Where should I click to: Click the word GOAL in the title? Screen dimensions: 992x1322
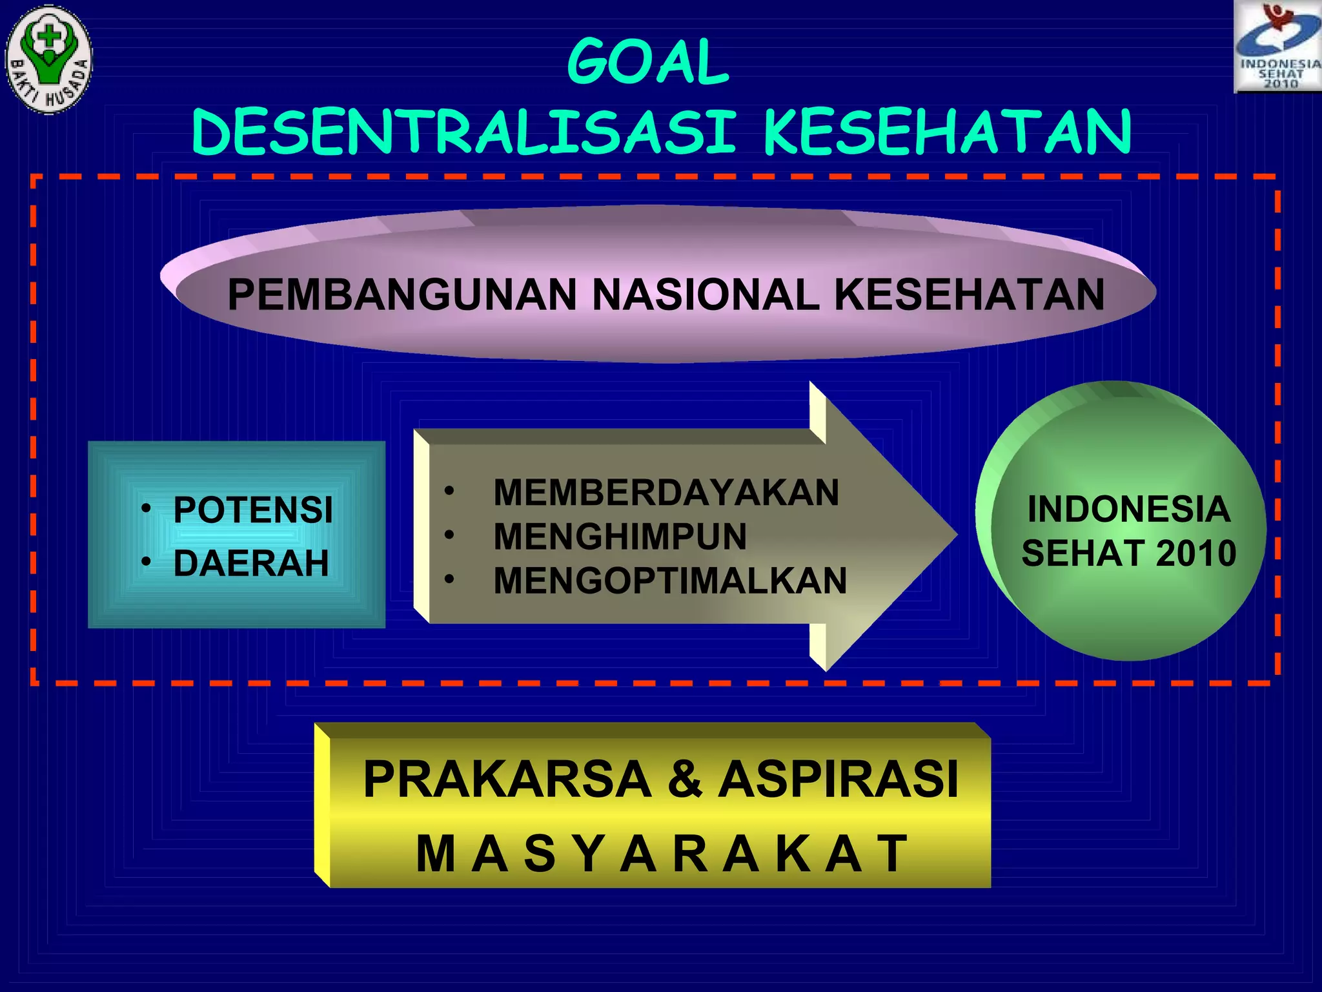point(648,62)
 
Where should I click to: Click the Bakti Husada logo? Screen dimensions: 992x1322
point(49,59)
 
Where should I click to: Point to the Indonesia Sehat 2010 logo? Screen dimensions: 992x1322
point(1277,46)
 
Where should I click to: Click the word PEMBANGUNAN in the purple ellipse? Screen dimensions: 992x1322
point(402,294)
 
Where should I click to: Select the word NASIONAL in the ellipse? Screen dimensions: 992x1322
point(705,294)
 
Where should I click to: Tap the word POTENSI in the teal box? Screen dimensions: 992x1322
point(253,510)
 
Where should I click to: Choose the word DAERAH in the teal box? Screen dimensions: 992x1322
point(251,563)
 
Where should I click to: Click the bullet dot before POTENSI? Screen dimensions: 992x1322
point(147,509)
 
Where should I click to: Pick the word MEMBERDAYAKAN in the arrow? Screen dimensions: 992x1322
point(666,492)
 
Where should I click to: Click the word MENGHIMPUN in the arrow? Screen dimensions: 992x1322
point(620,536)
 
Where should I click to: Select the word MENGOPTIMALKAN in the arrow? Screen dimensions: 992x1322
point(670,580)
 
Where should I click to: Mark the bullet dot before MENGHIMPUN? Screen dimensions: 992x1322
point(449,535)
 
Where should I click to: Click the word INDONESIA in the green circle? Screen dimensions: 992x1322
point(1128,509)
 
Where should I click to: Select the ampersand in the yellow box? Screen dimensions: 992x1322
point(685,779)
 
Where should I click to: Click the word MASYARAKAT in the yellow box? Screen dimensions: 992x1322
point(661,854)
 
